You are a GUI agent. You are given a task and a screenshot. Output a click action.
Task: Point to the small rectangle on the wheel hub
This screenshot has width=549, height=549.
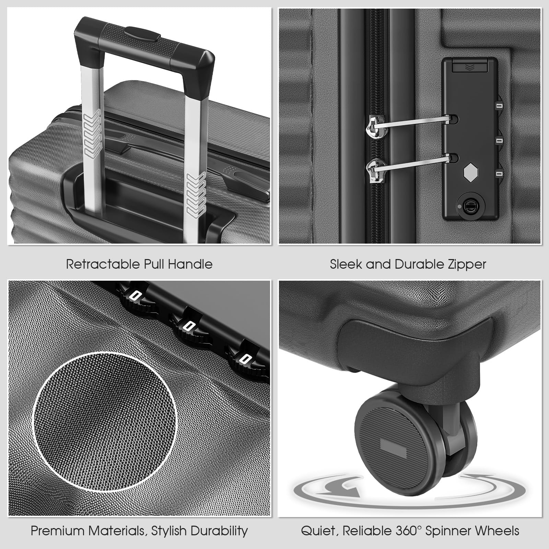[x=393, y=447]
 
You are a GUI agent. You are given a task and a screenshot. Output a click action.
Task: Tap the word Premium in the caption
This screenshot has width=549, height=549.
[x=58, y=531]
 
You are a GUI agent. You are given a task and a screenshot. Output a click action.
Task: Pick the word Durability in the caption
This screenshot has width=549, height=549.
[x=219, y=531]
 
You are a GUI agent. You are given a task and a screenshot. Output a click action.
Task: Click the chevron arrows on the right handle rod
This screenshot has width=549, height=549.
[x=195, y=194]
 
